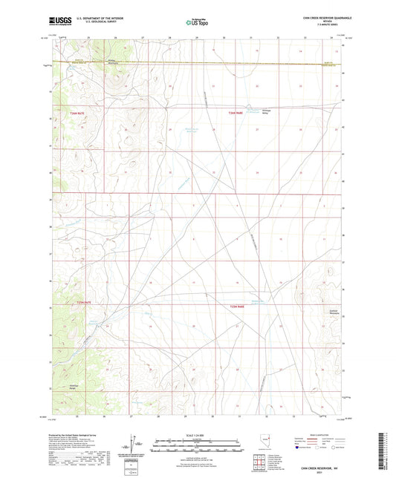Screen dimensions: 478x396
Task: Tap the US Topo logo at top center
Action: [x=198, y=22]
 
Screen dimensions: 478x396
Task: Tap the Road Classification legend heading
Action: [x=321, y=435]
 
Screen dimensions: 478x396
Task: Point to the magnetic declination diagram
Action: [x=133, y=444]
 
